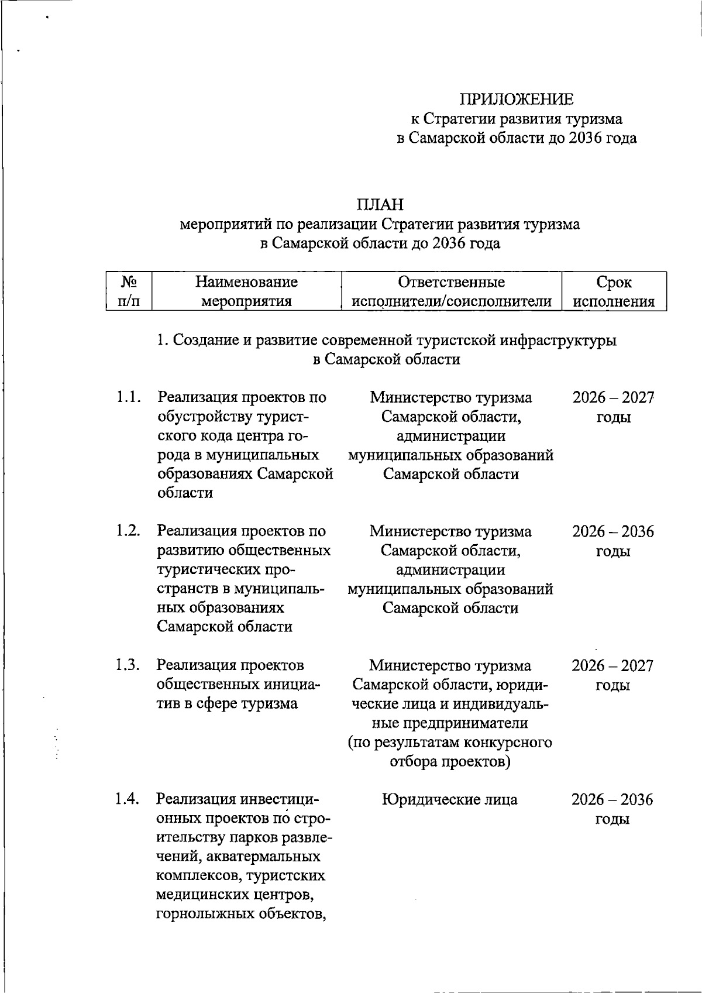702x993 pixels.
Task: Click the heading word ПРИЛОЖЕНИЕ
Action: coord(516,99)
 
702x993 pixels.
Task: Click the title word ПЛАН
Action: coord(380,204)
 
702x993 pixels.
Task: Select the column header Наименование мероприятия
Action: coord(246,291)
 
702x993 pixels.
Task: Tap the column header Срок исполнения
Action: coord(614,291)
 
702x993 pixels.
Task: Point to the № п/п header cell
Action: coord(129,291)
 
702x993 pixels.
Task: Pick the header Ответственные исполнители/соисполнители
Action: coord(451,291)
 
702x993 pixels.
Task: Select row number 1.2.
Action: coord(128,531)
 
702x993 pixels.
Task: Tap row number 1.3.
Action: coord(128,665)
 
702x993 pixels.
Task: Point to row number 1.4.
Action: coord(128,799)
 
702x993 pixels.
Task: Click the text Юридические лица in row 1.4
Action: coord(450,799)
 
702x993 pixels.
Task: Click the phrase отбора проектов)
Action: coord(450,761)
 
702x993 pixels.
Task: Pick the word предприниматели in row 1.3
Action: coord(450,723)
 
